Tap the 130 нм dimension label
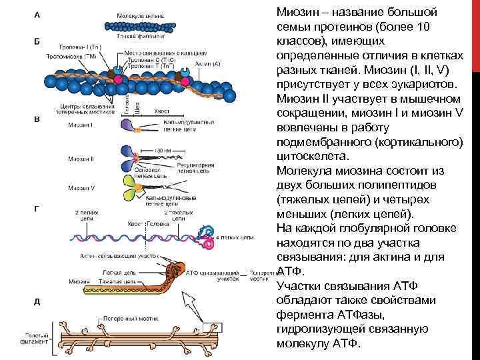click(163, 151)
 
